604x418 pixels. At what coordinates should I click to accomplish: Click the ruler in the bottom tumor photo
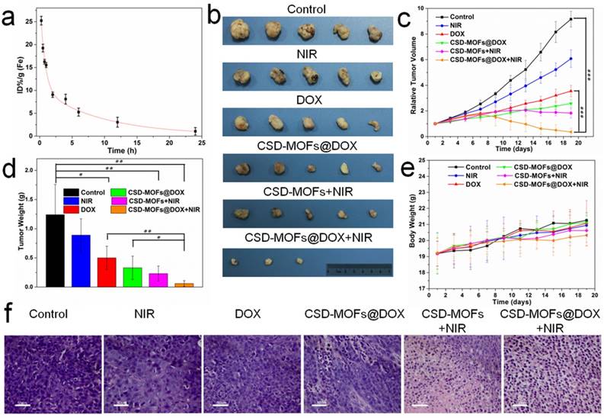coord(357,268)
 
